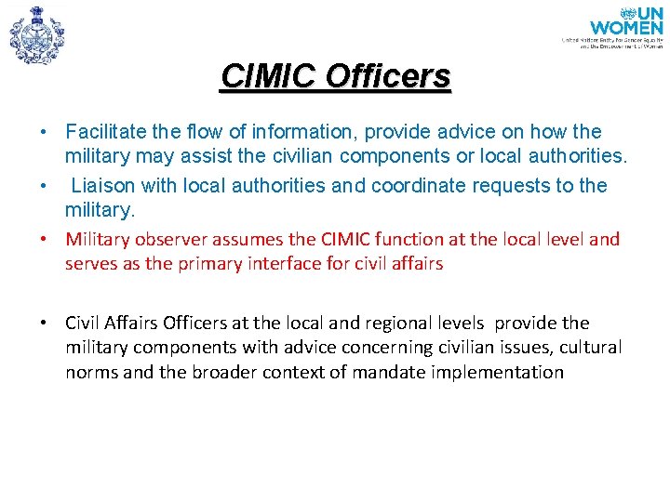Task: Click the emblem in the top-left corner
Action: click(36, 35)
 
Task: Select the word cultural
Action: click(589, 348)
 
